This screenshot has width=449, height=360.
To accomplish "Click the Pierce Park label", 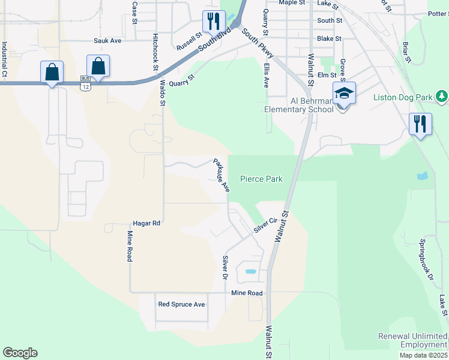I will point(261,179).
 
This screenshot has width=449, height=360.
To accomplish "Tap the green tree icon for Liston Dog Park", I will point(442,96).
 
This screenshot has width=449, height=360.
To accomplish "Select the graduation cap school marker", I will point(343,94).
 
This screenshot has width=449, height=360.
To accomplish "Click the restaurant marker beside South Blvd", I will point(212,22).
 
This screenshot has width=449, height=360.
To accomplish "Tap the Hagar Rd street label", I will point(148,223).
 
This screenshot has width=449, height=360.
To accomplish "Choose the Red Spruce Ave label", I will point(181,304).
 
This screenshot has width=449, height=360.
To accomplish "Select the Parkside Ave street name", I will point(220,175).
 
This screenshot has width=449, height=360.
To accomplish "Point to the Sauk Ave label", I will point(107,41).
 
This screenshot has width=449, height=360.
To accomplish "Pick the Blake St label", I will point(329,38).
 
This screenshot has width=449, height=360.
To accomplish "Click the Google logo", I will point(20,353).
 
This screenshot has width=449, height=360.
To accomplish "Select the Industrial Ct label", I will point(4,59).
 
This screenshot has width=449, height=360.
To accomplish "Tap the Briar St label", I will point(406,52).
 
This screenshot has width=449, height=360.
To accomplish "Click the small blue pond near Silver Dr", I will point(251,272).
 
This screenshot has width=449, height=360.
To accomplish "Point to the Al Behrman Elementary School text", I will point(299,105).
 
